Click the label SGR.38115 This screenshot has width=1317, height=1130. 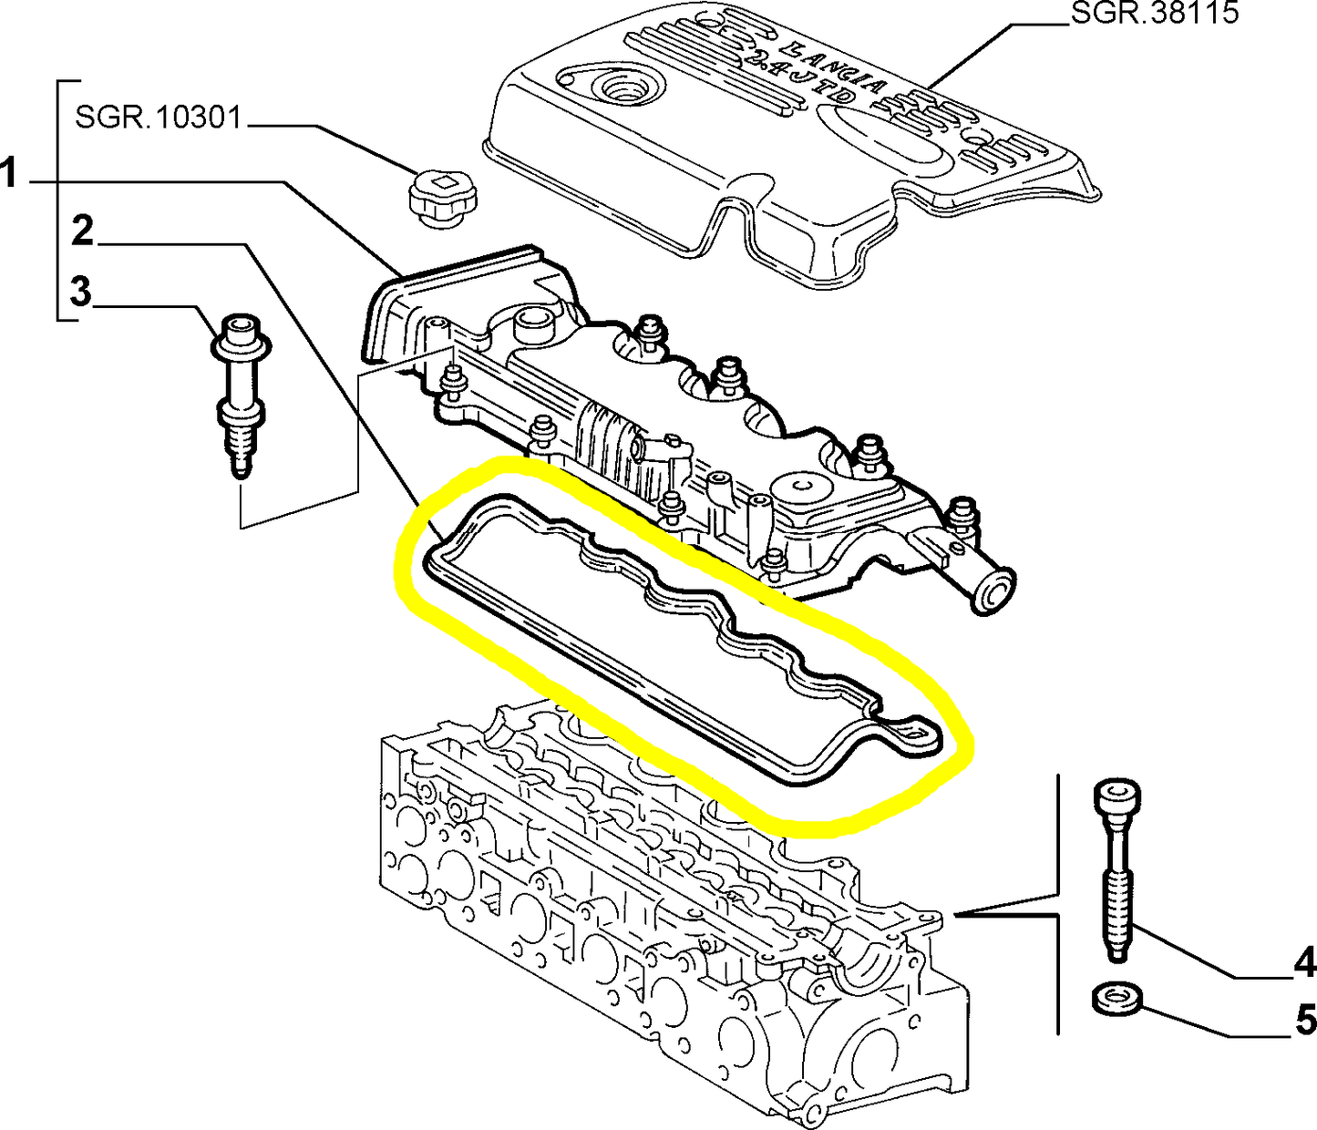[1154, 14]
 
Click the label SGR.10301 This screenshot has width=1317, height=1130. [158, 118]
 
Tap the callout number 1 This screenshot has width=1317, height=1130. [10, 173]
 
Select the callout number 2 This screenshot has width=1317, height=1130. [83, 231]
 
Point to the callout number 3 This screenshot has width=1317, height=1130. [81, 293]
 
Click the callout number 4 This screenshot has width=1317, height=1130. [1304, 963]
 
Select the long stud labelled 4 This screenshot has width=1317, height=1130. [1118, 866]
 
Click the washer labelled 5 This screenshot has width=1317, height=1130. [1117, 1000]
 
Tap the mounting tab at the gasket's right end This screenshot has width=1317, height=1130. [911, 731]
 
